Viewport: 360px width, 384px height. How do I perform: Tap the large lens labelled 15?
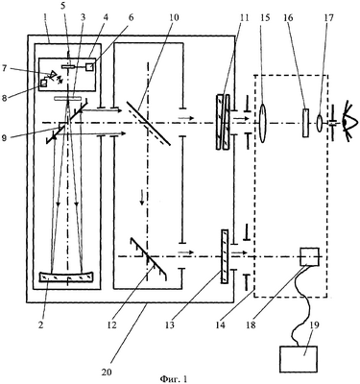coord(262,123)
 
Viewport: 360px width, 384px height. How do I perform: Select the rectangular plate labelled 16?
coord(306,123)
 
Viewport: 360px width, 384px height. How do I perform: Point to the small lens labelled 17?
coord(320,123)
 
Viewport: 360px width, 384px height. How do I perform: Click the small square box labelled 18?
coord(309,256)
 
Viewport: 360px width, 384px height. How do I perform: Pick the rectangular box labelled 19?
coord(299,359)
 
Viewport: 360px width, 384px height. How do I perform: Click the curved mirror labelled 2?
coord(66,276)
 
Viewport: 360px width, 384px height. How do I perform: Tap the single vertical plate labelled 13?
coord(225,256)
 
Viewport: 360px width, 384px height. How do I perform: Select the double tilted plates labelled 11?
coord(223,122)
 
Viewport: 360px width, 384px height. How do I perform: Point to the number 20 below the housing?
coord(108,372)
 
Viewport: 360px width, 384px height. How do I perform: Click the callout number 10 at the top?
coord(175,17)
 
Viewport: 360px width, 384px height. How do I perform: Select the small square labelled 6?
coord(90,67)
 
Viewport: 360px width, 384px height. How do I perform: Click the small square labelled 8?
coord(43,83)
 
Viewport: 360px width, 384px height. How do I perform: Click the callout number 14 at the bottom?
coord(220,325)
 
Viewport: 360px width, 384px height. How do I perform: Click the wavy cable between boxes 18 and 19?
coord(301,305)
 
